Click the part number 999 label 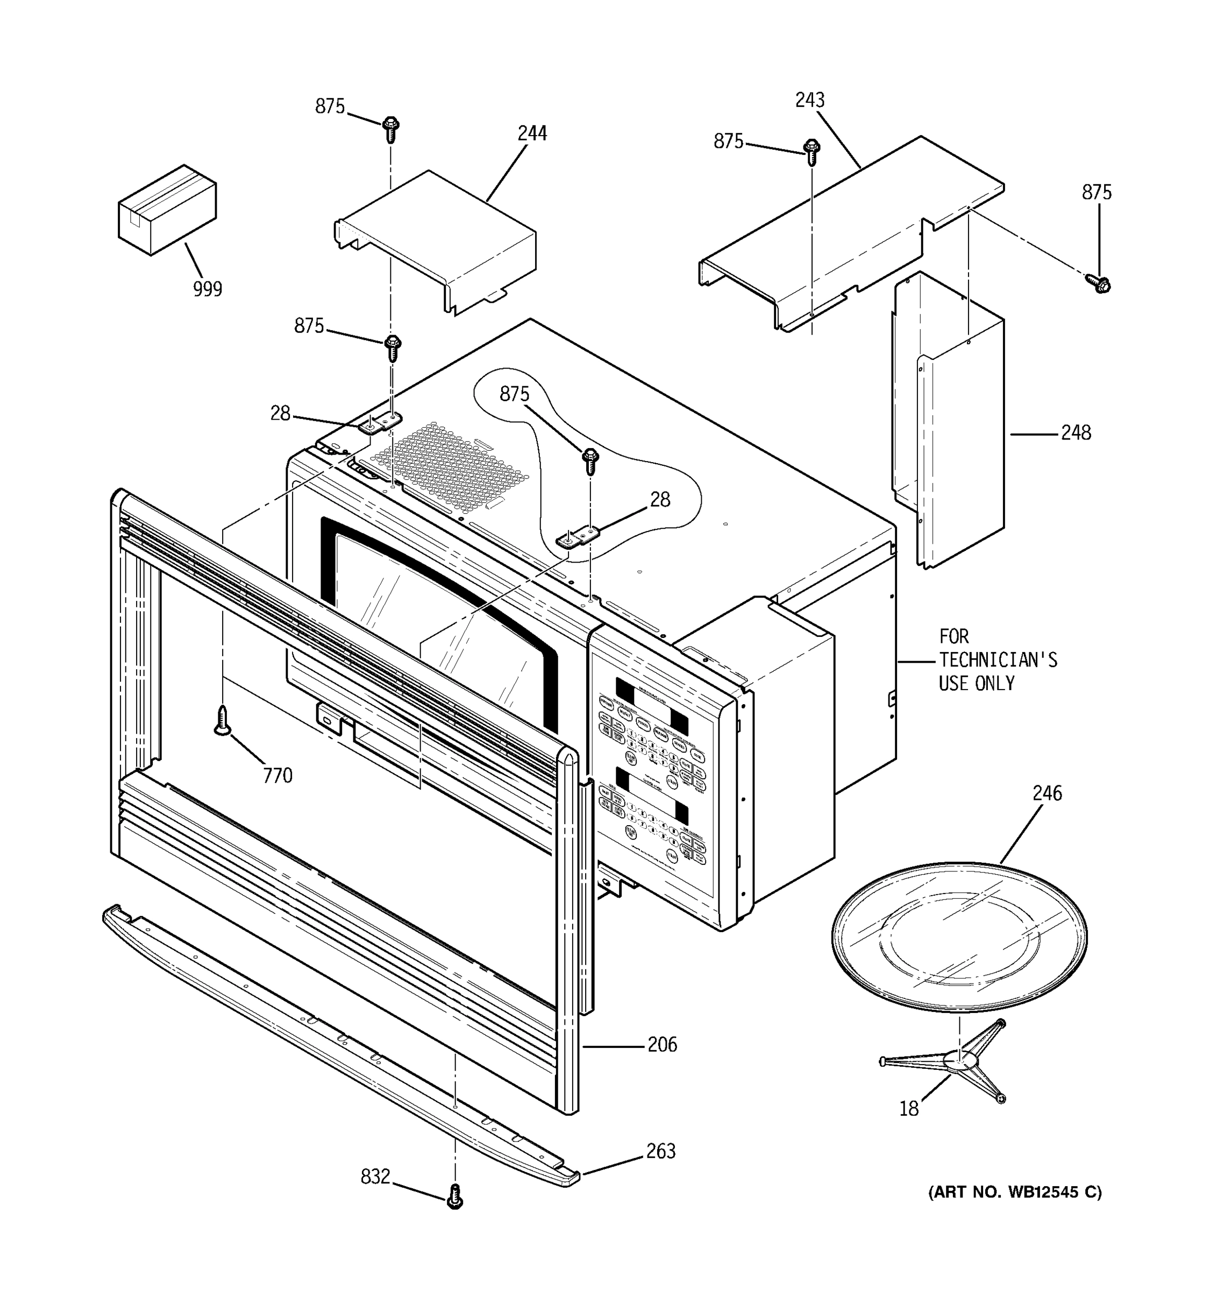click(207, 288)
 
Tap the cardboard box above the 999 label click(167, 209)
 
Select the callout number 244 click(532, 133)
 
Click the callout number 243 click(809, 100)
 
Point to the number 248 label click(1076, 432)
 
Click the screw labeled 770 click(223, 721)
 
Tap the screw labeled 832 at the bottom click(455, 1196)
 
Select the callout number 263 click(660, 1151)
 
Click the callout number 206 click(662, 1044)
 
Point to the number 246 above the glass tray click(1047, 793)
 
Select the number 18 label click(908, 1109)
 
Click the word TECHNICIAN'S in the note click(998, 660)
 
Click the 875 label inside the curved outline click(514, 394)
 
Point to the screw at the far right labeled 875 click(1098, 282)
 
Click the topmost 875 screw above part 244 click(390, 129)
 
